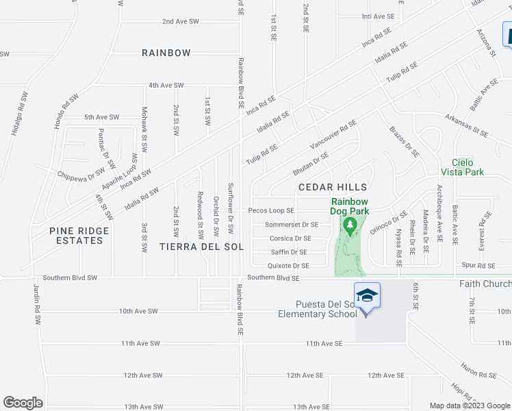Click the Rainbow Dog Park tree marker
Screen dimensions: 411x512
pyautogui.click(x=350, y=226)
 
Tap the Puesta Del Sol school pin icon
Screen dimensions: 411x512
pyautogui.click(x=367, y=297)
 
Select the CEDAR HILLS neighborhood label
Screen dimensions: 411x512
pyautogui.click(x=333, y=187)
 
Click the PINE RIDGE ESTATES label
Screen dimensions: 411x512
pyautogui.click(x=76, y=236)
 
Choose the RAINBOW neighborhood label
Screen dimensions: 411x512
pyautogui.click(x=166, y=53)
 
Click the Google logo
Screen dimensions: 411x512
pyautogui.click(x=23, y=402)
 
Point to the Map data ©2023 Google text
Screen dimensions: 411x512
pyautogui.click(x=470, y=406)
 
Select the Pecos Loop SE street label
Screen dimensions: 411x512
pyautogui.click(x=271, y=211)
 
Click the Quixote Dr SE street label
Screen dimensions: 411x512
pyautogui.click(x=288, y=266)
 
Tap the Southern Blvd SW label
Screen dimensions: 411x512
pyautogui.click(x=70, y=278)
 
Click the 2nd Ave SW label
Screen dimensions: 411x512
pyautogui.click(x=180, y=22)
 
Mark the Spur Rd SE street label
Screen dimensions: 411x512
pyautogui.click(x=478, y=265)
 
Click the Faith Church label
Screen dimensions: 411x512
pyautogui.click(x=487, y=284)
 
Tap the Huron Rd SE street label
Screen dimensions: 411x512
pyautogui.click(x=478, y=375)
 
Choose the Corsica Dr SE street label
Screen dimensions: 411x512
pyautogui.click(x=290, y=238)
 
